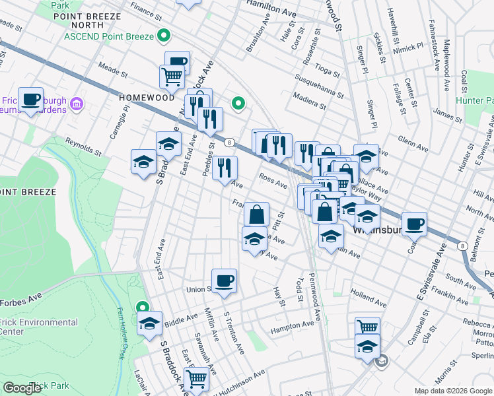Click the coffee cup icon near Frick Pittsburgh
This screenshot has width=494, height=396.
point(30,99)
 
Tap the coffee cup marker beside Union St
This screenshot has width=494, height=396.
point(224,280)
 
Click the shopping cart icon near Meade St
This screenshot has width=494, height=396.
point(171,76)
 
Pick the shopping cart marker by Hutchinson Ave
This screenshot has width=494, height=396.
point(196,378)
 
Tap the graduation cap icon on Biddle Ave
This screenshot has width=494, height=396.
point(150,324)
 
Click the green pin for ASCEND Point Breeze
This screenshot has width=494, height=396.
point(166,36)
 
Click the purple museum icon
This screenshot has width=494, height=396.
point(77,104)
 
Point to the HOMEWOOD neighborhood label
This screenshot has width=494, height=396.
point(147,97)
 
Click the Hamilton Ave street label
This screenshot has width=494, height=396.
point(271,7)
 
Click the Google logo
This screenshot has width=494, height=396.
point(22,388)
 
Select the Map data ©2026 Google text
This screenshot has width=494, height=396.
point(453,391)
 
